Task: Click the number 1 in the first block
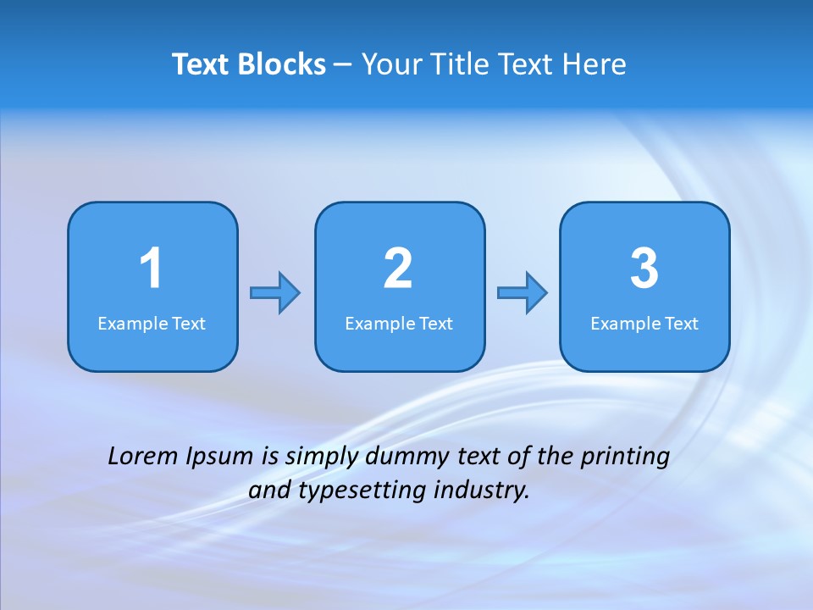click(151, 269)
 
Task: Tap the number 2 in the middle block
click(398, 269)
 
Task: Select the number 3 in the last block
click(644, 269)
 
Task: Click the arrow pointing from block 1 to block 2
click(275, 293)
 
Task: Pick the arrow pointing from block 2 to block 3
click(523, 293)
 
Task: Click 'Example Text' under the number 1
click(152, 324)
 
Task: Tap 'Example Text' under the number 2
click(399, 324)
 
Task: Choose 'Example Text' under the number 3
click(644, 324)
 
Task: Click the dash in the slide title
click(343, 65)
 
